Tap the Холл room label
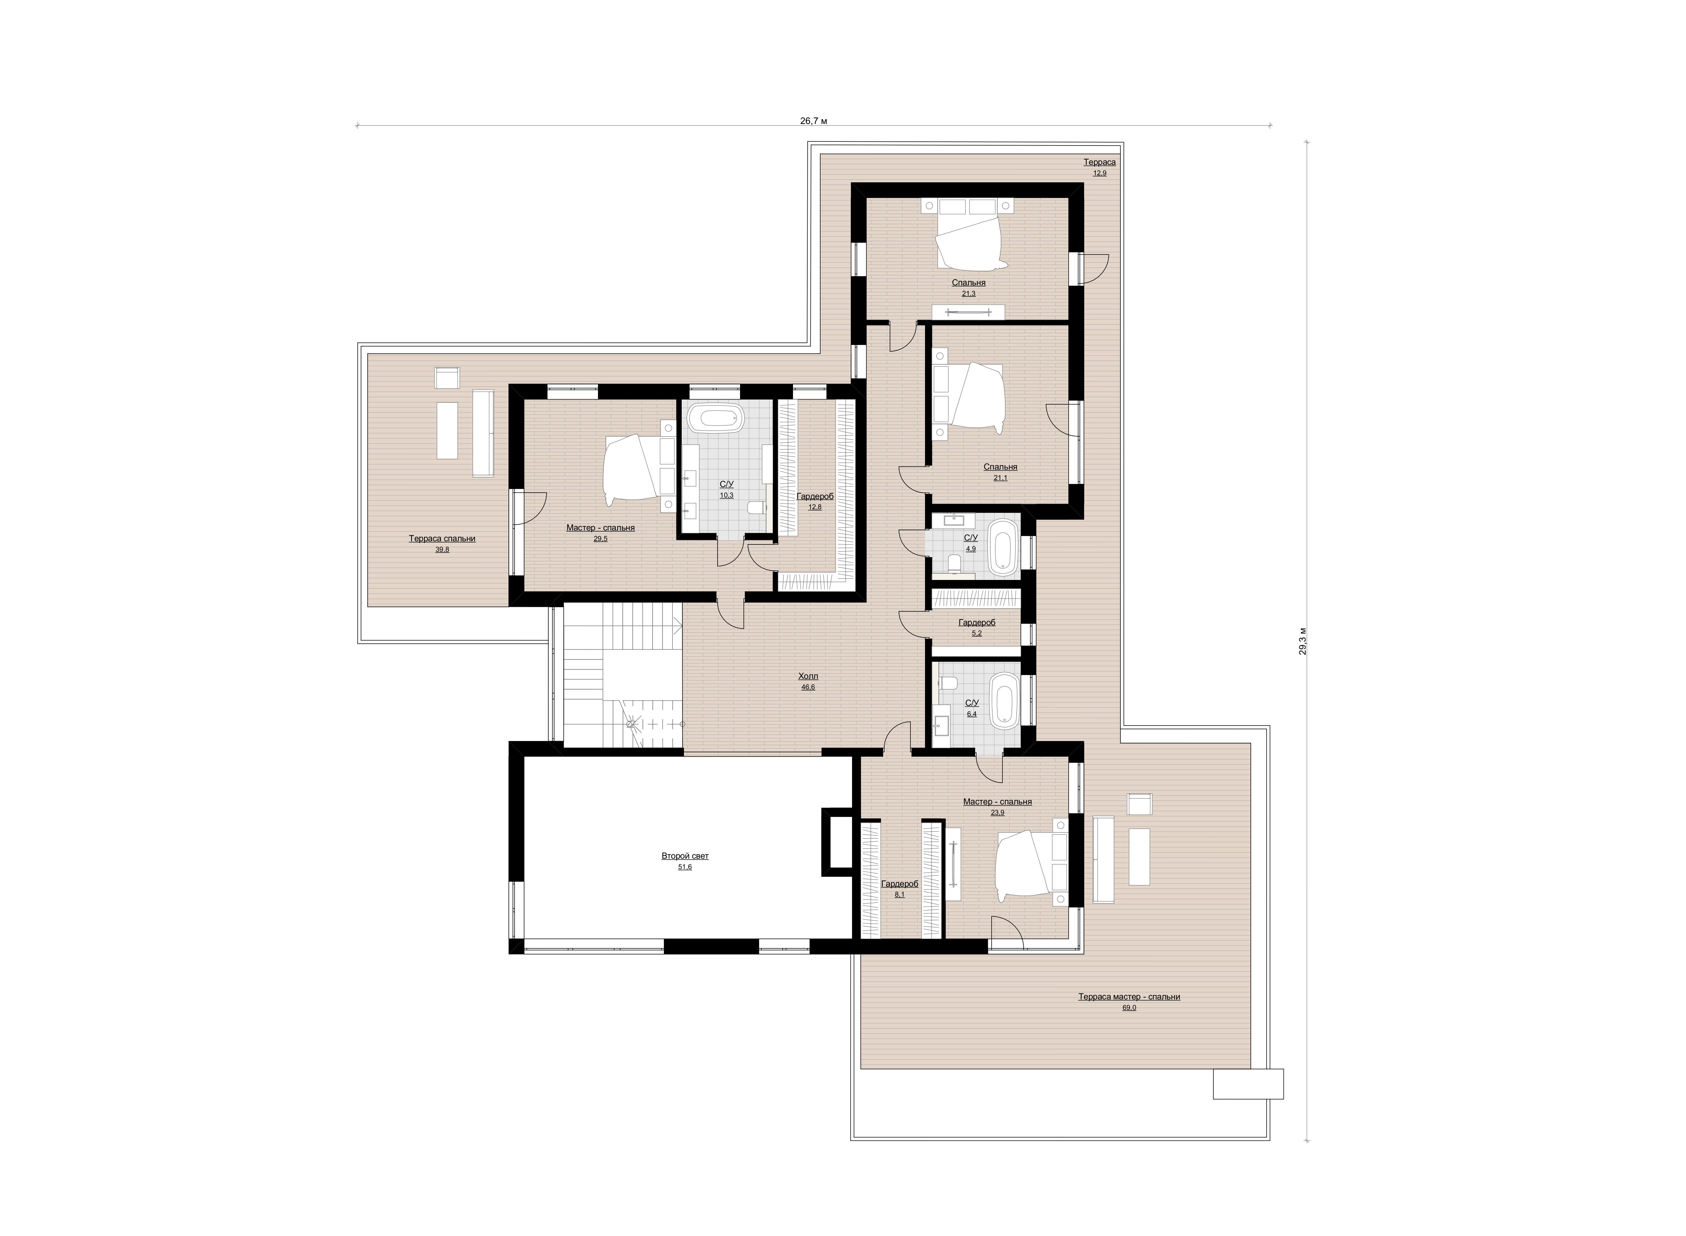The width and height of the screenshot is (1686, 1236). click(x=808, y=676)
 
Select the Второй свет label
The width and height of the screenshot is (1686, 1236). click(x=685, y=855)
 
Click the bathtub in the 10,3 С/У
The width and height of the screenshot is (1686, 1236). click(x=715, y=418)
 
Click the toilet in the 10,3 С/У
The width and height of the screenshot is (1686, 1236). click(x=757, y=507)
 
